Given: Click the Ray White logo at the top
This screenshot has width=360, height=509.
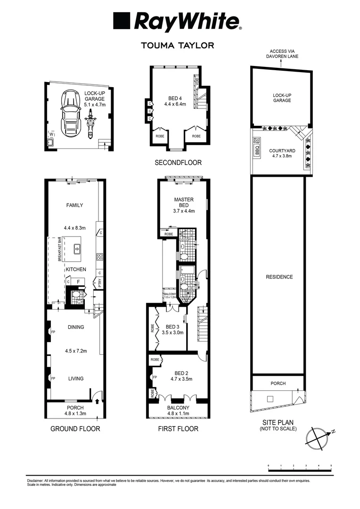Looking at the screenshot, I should [x=177, y=22].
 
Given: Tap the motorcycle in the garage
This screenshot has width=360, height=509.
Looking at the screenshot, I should [x=90, y=124].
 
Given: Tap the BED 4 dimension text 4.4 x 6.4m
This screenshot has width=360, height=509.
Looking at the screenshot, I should [x=175, y=104].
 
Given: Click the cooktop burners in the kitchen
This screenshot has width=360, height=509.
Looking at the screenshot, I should [x=100, y=257].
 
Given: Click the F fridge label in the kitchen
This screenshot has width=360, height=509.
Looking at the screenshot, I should [x=78, y=282].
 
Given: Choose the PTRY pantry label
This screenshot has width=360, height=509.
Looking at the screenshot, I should [x=100, y=283].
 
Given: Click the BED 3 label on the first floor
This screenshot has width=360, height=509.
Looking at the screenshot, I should [x=172, y=327].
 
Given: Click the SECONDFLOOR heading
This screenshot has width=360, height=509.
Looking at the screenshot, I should [x=178, y=163].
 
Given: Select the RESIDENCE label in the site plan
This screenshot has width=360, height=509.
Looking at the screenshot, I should [x=278, y=277].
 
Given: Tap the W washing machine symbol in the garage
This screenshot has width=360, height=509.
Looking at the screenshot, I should [x=52, y=134].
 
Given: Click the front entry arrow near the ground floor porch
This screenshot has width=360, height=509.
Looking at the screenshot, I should [x=97, y=401].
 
